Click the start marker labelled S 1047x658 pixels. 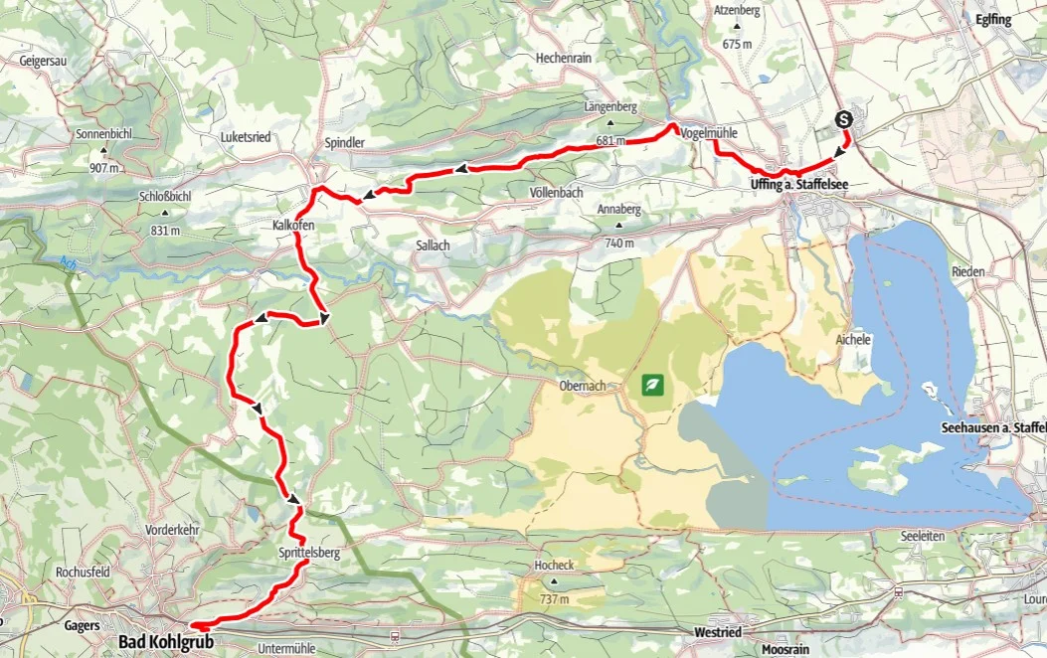tap(844, 119)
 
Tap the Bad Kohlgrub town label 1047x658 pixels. tap(166, 642)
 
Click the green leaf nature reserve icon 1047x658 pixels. tap(653, 384)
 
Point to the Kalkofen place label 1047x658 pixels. tap(293, 227)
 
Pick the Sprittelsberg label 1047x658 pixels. tap(310, 553)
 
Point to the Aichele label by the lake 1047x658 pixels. tap(853, 340)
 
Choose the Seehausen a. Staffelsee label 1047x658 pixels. tap(992, 427)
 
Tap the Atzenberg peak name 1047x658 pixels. tap(736, 11)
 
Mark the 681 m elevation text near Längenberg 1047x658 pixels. tap(611, 141)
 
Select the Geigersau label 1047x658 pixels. tap(43, 61)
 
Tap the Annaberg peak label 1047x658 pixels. tap(618, 210)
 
